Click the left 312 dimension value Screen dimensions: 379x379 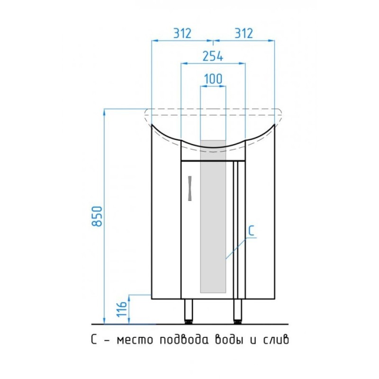(x=182, y=33)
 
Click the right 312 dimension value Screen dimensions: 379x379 (x=244, y=33)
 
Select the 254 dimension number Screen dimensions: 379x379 (x=213, y=56)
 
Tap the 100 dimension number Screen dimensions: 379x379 (x=213, y=79)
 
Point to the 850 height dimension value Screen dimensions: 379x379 (x=97, y=216)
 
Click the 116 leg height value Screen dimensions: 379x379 (x=122, y=309)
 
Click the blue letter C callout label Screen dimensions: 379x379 (x=252, y=231)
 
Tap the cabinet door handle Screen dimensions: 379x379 (x=190, y=188)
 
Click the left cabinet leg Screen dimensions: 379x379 (x=189, y=311)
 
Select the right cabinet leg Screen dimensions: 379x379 (x=238, y=311)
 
